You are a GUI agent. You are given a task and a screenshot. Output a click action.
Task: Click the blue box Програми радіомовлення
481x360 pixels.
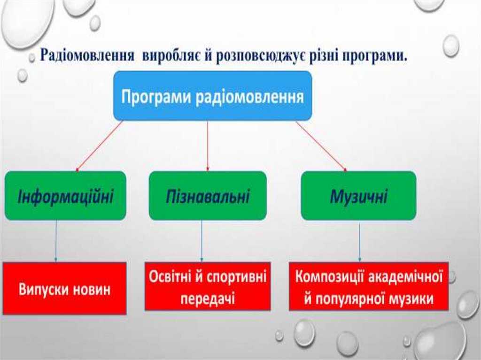click(212, 96)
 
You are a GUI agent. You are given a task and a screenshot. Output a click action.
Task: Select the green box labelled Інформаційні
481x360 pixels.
click(65, 196)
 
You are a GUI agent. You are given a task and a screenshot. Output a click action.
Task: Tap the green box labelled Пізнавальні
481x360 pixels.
click(208, 196)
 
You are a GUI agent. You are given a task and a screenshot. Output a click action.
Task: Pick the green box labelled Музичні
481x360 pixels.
click(358, 196)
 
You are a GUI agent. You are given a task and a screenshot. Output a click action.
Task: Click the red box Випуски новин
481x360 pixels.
click(65, 288)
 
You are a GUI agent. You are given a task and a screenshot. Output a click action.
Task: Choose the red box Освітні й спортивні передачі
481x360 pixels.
click(208, 286)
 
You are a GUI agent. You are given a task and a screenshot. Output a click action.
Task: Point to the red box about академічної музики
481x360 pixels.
click(369, 286)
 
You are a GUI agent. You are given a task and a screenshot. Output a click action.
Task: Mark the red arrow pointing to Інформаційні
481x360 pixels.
click(99, 146)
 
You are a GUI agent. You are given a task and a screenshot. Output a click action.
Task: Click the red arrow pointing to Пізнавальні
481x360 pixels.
click(208, 146)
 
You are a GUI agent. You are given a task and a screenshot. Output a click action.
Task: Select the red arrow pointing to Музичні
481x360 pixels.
click(321, 146)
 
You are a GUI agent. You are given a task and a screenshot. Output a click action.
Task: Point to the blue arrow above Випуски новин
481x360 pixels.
click(56, 240)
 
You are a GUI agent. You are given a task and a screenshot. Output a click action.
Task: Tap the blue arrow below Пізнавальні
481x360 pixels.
click(202, 240)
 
